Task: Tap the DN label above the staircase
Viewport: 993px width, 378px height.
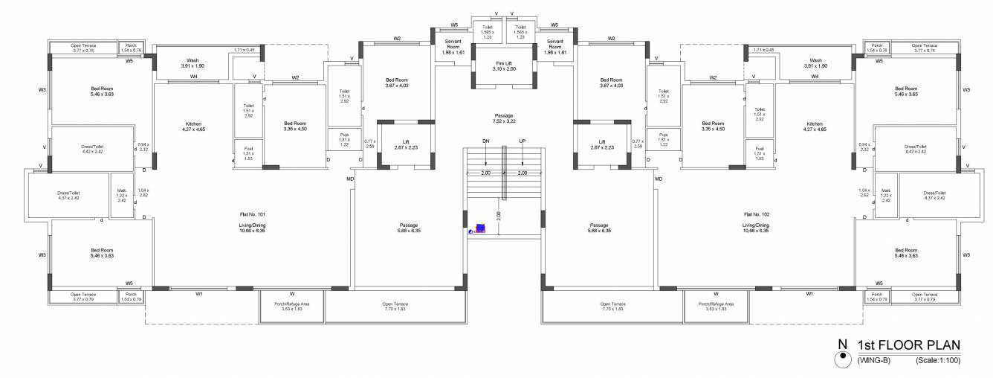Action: [x=485, y=141]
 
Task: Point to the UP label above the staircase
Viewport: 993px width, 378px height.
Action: [x=523, y=141]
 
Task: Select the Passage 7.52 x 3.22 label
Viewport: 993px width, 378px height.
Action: [x=504, y=118]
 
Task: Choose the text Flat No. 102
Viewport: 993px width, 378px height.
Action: [x=755, y=214]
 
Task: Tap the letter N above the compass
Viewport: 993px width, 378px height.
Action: [x=842, y=345]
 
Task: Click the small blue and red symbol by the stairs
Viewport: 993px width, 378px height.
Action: [x=479, y=229]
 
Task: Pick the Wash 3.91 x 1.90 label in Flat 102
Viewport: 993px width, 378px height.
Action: [x=815, y=63]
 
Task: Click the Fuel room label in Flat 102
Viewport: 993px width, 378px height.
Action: [x=760, y=151]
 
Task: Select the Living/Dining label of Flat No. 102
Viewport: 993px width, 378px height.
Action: [x=755, y=227]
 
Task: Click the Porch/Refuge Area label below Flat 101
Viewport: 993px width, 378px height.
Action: [x=291, y=306]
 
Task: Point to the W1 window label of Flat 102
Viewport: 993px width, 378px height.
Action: [x=809, y=295]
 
